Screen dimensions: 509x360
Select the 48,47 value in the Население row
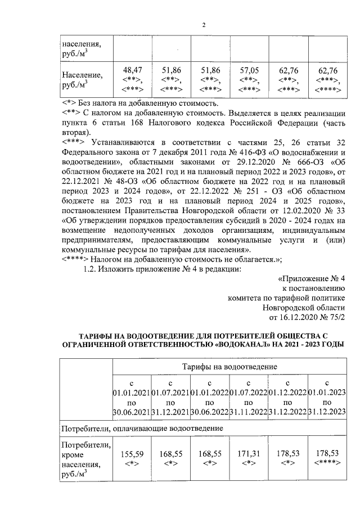(x=132, y=70)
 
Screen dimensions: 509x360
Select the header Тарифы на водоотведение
(x=229, y=366)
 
